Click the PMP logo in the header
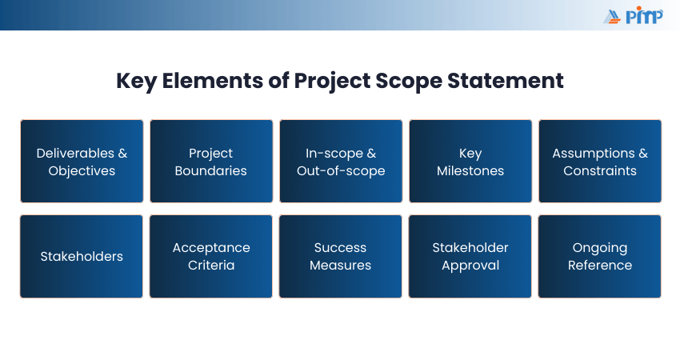click(x=633, y=16)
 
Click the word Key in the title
click(x=136, y=81)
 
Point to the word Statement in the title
click(x=506, y=81)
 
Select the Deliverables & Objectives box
click(x=82, y=162)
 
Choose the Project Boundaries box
click(x=211, y=162)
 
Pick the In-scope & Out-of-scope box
click(x=341, y=162)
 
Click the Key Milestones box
click(x=470, y=162)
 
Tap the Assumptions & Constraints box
click(x=600, y=162)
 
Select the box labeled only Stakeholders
click(x=82, y=256)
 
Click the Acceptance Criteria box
click(x=211, y=256)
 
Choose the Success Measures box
click(x=341, y=256)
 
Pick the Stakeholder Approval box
click(x=470, y=256)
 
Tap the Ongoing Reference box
click(x=600, y=256)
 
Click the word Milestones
click(x=470, y=171)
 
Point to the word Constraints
click(x=600, y=171)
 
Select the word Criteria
click(x=211, y=265)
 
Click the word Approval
click(x=470, y=266)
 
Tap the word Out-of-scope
click(x=341, y=171)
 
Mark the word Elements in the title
click(x=213, y=81)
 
